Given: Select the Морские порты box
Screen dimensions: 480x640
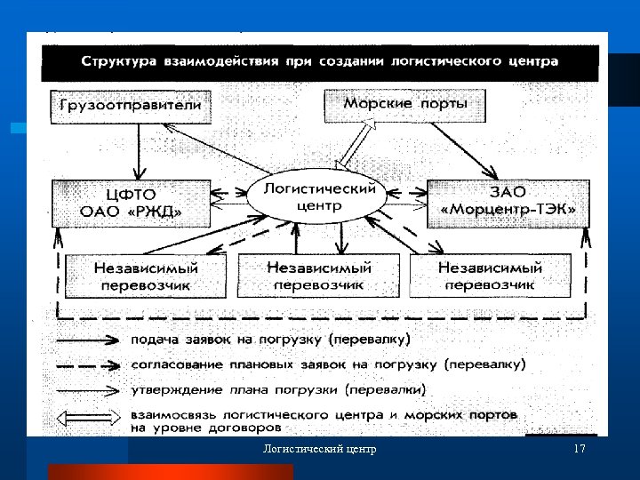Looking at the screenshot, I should (404, 104).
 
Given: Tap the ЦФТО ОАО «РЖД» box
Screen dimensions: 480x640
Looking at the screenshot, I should (132, 202).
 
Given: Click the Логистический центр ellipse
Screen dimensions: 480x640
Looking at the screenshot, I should (317, 197).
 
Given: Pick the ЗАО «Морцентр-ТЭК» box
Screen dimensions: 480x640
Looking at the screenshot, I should (507, 202).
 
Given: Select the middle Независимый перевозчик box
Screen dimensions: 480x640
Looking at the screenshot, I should (319, 275).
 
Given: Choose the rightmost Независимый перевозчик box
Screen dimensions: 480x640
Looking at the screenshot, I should (490, 275).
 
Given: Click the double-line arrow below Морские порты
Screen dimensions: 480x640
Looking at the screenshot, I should (355, 145).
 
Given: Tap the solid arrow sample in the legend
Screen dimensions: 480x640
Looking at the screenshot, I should (89, 340).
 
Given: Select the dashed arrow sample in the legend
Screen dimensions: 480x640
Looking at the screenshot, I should (89, 364).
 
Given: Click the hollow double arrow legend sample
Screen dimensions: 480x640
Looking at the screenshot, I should (89, 416).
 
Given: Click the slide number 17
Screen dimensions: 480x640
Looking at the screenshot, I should (580, 449).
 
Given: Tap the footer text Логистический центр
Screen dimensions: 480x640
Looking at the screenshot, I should (320, 449).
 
